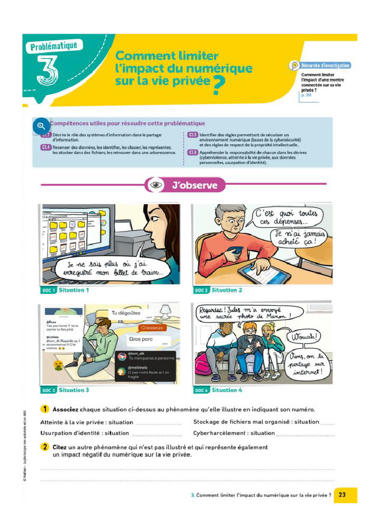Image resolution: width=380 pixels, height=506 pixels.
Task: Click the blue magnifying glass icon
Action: (41, 126)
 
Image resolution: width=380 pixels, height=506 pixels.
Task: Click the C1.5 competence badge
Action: (192, 134)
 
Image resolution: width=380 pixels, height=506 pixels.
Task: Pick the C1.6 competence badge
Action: (192, 153)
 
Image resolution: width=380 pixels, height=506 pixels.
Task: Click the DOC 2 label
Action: (201, 291)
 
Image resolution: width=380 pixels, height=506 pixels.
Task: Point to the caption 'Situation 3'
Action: (74, 390)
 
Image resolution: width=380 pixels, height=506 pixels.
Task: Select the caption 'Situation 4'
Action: (227, 390)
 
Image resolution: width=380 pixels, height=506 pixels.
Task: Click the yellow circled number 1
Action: (44, 409)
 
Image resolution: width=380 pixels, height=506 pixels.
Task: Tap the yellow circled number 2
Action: (44, 447)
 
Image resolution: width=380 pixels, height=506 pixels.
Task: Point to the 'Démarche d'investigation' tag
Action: (325, 65)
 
